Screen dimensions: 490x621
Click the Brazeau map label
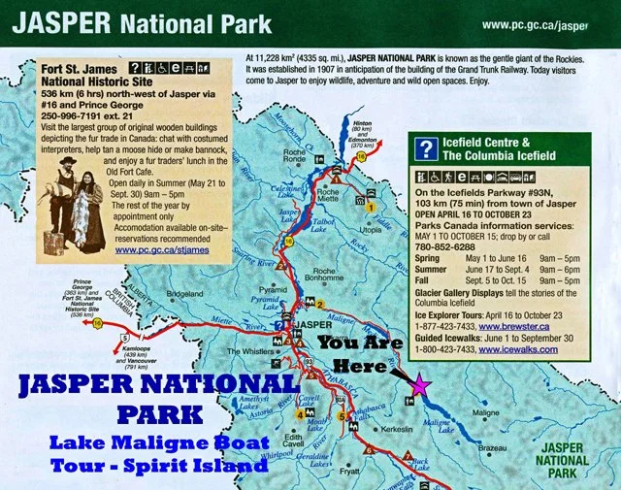(x=493, y=447)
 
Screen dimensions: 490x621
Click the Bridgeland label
(x=184, y=292)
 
